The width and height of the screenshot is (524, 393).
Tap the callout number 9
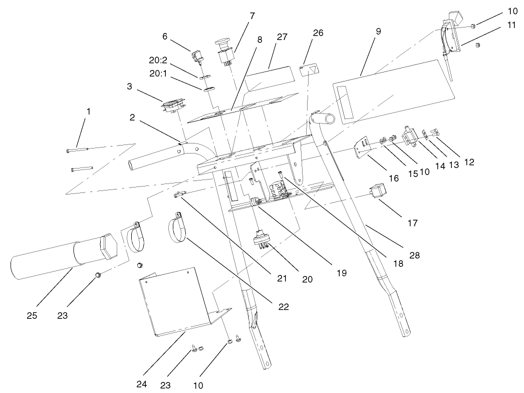378,31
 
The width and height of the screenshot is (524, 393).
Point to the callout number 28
414,255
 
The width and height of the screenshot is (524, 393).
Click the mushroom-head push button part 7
224,52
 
